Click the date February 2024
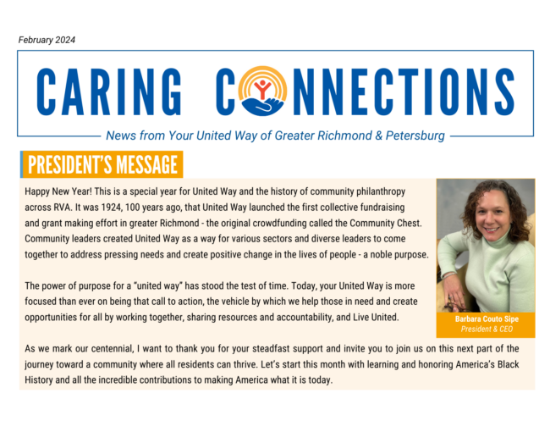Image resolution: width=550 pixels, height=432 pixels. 47,40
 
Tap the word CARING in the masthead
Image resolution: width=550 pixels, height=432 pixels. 109,92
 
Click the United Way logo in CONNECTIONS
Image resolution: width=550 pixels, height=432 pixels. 262,91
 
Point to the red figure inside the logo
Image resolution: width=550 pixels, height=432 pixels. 262,88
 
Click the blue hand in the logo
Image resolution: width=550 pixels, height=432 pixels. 262,107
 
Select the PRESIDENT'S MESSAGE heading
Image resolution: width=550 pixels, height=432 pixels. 102,164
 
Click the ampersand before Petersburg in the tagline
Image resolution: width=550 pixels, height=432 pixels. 378,136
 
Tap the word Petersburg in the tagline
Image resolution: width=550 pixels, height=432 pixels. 415,136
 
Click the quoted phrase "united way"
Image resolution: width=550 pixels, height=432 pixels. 158,286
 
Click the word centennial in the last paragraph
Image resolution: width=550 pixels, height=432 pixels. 113,349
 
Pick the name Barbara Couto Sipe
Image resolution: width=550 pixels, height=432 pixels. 487,318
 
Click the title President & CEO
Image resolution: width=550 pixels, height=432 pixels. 487,330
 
